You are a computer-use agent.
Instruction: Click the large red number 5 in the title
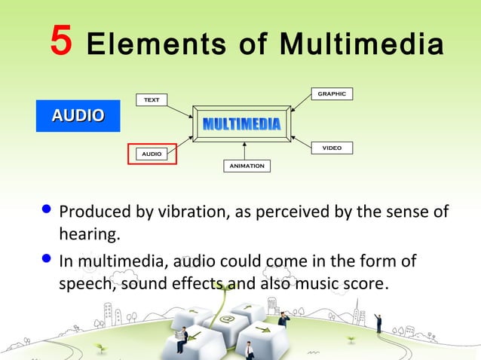(x=61, y=41)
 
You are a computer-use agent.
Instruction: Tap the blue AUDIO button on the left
(x=78, y=115)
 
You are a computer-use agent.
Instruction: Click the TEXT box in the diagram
(x=152, y=99)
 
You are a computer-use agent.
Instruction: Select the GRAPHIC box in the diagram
(x=332, y=94)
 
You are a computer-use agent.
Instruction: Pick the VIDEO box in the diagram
(x=332, y=148)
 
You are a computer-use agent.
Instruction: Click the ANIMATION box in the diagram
(x=247, y=166)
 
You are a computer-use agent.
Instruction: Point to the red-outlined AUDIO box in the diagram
(x=152, y=154)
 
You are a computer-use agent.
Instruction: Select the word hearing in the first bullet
(x=89, y=236)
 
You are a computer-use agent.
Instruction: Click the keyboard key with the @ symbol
(x=227, y=319)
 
